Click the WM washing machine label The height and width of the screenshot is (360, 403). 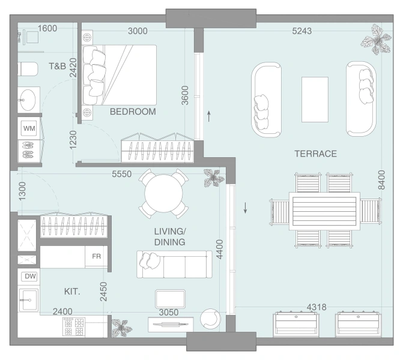[x=29, y=128]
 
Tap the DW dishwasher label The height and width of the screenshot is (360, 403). [x=30, y=276]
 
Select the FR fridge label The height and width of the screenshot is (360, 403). [x=96, y=256]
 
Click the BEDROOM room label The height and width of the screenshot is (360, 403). [x=133, y=112]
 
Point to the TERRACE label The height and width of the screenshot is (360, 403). [x=316, y=154]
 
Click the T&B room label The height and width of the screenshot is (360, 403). [x=57, y=66]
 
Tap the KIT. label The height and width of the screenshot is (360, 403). [x=72, y=292]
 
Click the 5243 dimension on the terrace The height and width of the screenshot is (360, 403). [x=302, y=31]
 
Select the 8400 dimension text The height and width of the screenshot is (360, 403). [x=382, y=180]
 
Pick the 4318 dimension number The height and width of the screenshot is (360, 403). [x=317, y=307]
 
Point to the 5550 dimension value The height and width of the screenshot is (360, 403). [x=121, y=174]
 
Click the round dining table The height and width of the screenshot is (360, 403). [x=163, y=194]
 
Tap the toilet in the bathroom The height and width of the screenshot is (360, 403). [x=28, y=69]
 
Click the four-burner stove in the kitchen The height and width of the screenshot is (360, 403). [x=74, y=326]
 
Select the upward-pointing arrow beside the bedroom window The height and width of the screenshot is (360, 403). [x=209, y=116]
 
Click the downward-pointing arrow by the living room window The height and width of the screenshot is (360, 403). [x=246, y=208]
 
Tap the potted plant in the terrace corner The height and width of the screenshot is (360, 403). [x=377, y=39]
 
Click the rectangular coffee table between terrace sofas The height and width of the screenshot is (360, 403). [x=315, y=100]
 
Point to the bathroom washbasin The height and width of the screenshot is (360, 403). [x=28, y=100]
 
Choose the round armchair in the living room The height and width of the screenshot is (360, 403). [x=210, y=319]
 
